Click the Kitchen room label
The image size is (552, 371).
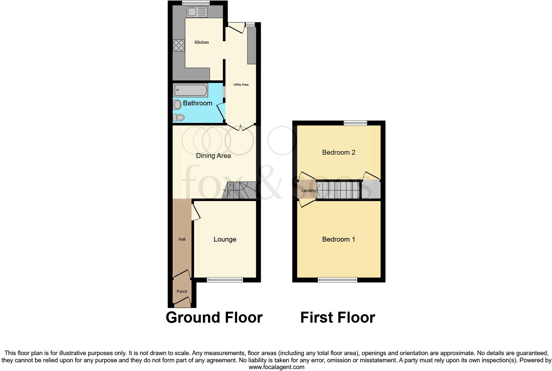coord(201,42)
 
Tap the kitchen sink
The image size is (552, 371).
coord(197,12)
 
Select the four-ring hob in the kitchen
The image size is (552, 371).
coord(178,45)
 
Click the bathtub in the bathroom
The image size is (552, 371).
coord(190,90)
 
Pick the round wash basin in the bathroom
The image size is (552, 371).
coord(177,105)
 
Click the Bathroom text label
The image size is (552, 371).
coord(198,103)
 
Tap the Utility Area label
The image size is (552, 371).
coord(241,85)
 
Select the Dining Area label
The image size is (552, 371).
coord(213,156)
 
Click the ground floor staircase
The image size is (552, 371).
coord(239,190)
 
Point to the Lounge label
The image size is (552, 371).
coord(225,239)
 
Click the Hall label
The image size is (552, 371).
coord(182,239)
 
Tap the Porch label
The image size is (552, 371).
coord(182,292)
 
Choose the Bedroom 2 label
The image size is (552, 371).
coord(339,152)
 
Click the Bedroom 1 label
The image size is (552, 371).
coord(339,239)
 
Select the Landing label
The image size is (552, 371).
coord(308,191)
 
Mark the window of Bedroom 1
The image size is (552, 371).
coord(338,280)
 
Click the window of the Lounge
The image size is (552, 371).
coord(225,280)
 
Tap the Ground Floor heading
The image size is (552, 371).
coord(214,317)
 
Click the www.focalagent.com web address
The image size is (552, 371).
coord(276,367)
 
